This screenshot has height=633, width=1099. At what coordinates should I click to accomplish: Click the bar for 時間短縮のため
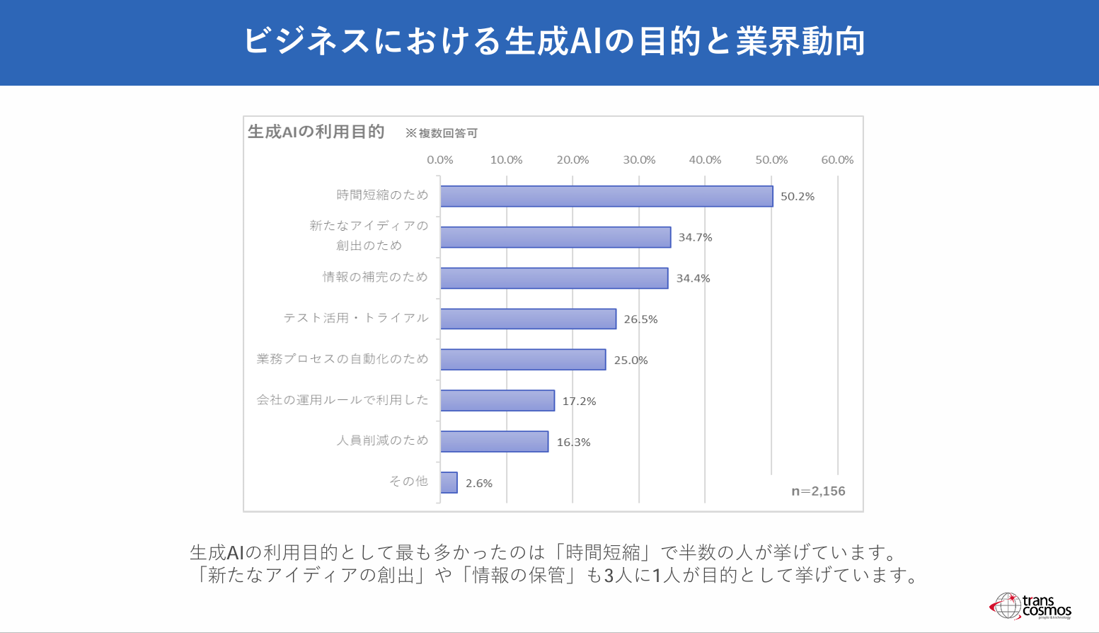click(x=606, y=196)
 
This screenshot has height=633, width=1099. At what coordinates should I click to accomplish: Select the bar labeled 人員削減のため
click(x=494, y=441)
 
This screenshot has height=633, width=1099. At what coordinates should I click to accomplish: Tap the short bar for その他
click(x=449, y=482)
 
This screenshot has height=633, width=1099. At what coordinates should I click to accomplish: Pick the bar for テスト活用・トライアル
click(x=528, y=319)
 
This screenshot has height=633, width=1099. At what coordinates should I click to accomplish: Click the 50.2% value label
click(x=798, y=197)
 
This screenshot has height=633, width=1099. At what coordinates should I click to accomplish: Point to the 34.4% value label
click(x=693, y=278)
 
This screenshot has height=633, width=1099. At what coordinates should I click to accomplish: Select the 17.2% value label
click(x=579, y=401)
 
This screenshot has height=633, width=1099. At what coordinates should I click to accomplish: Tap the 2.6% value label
click(x=479, y=484)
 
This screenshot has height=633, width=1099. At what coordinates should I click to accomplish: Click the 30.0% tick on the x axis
click(x=639, y=160)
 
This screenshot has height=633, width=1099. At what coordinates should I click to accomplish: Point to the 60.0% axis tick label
click(x=837, y=160)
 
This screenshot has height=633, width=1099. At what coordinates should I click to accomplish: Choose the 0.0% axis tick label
click(x=440, y=160)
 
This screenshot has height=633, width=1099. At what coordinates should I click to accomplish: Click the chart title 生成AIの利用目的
click(x=316, y=132)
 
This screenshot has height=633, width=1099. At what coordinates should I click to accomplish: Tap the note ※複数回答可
click(x=442, y=133)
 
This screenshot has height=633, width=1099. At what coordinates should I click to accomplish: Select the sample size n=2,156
click(x=818, y=491)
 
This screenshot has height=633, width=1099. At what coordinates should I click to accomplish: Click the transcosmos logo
click(x=1031, y=606)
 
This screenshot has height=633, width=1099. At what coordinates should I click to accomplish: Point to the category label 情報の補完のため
click(x=375, y=277)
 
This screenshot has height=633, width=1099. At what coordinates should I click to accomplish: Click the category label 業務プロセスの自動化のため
click(x=343, y=359)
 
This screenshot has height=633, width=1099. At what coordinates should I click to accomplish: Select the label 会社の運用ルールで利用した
click(x=343, y=400)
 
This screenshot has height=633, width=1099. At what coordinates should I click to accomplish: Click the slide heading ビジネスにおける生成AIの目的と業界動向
click(x=554, y=41)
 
